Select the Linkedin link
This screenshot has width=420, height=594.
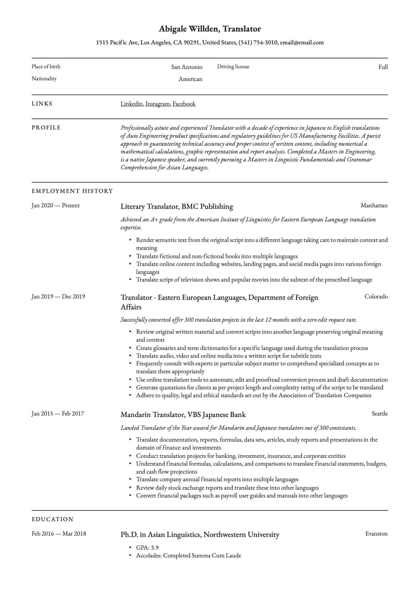tap(131, 104)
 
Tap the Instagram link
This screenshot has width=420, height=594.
tap(157, 104)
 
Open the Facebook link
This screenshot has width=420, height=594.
tap(184, 104)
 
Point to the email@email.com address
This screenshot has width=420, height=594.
tap(302, 43)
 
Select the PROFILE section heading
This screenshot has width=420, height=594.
tap(46, 128)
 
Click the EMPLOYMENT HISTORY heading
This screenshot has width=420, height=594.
tap(72, 191)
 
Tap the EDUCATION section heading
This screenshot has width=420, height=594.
tap(52, 519)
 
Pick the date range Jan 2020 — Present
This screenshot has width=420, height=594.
tap(55, 206)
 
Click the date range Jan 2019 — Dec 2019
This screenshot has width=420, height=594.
tap(58, 297)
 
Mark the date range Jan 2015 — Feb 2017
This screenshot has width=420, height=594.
tap(58, 414)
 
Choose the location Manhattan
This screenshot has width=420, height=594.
tap(374, 206)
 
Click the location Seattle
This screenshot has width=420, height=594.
tap(379, 414)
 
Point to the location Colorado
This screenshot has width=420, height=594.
tap(376, 297)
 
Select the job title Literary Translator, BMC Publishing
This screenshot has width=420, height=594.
tap(177, 207)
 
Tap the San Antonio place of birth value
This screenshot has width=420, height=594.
tap(187, 67)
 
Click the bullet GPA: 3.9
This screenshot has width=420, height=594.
tap(147, 548)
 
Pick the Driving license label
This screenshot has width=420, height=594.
tap(233, 67)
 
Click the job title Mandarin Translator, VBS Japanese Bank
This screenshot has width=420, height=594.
tap(183, 415)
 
